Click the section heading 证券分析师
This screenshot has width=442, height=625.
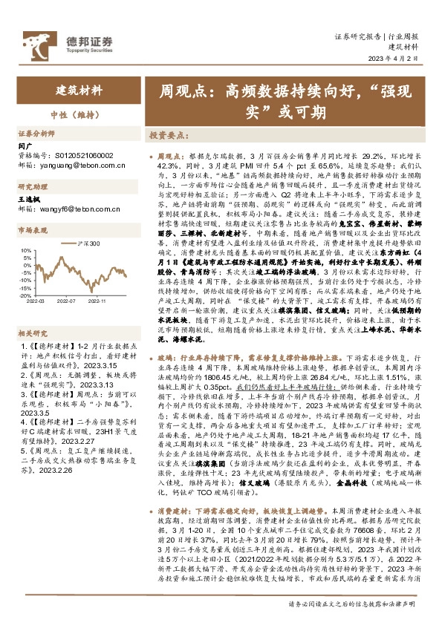click(36, 134)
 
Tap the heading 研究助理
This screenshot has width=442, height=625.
click(33, 187)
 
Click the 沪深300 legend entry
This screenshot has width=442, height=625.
click(91, 243)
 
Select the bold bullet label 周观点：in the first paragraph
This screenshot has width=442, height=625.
click(172, 158)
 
